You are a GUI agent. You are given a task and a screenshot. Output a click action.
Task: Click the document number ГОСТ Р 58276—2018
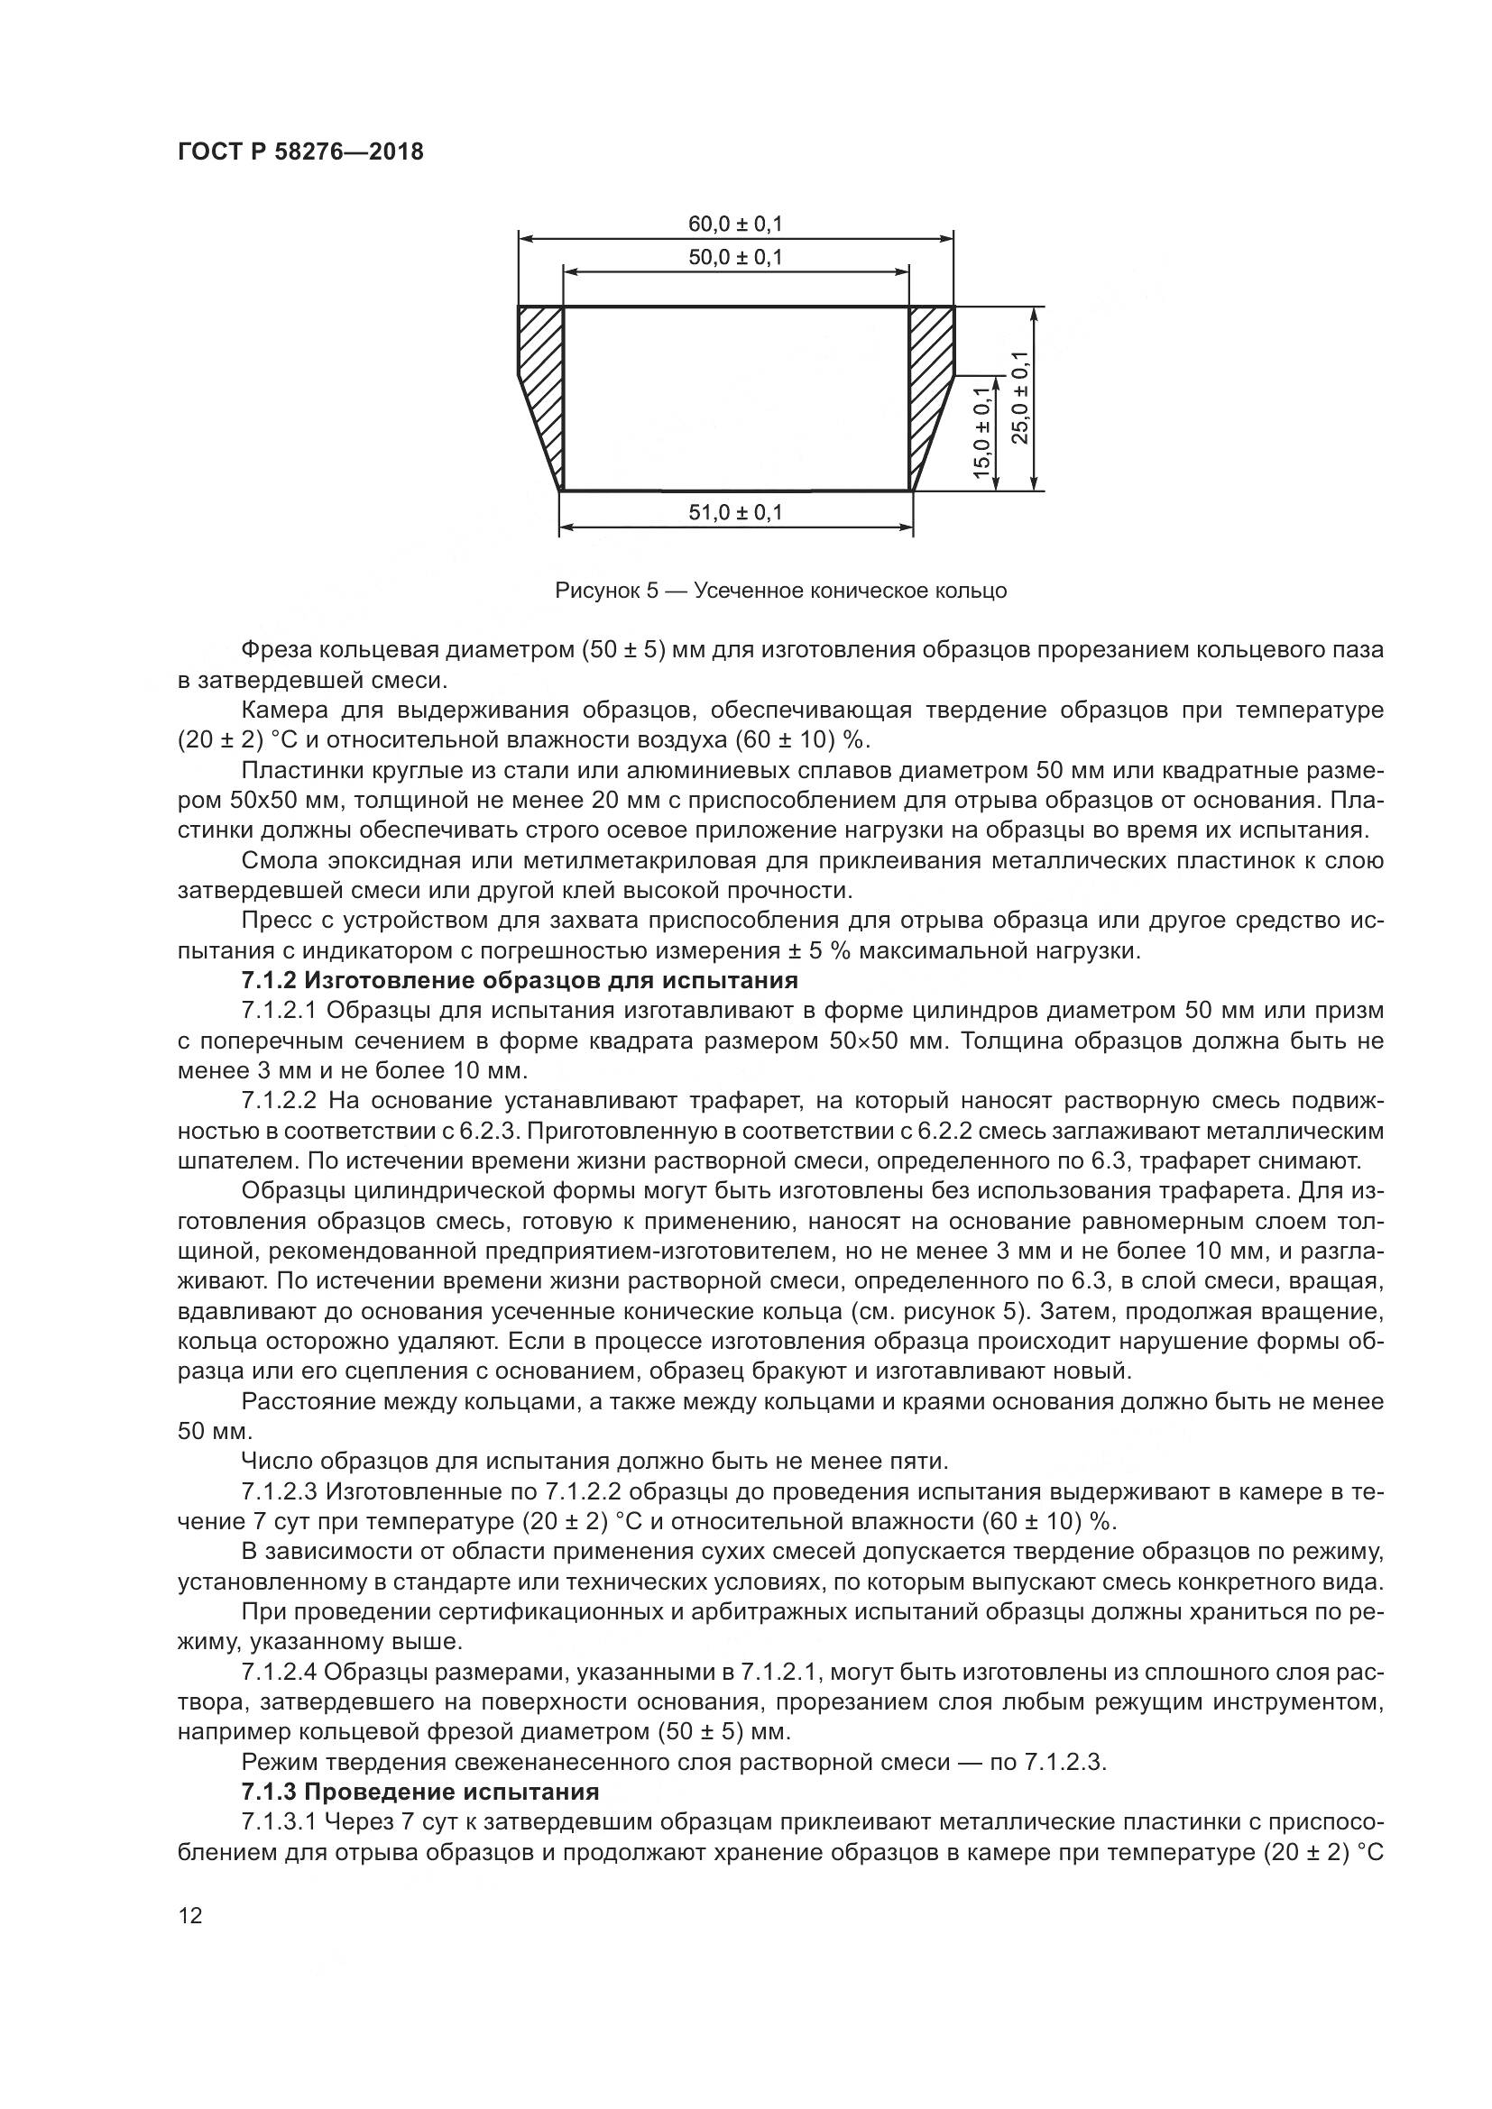(x=300, y=152)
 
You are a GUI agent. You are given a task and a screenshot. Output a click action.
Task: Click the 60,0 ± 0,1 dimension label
(x=735, y=225)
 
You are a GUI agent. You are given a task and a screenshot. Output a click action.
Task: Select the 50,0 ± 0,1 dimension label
(x=735, y=257)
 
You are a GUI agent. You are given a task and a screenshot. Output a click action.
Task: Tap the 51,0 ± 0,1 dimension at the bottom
(x=735, y=512)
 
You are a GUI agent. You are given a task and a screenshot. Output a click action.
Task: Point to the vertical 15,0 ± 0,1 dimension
(x=982, y=433)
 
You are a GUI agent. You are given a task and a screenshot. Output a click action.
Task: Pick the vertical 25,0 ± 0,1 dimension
(x=1020, y=398)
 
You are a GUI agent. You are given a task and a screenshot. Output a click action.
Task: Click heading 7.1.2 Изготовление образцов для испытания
(x=519, y=980)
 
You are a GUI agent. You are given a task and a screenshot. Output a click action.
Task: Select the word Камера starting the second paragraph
(x=281, y=710)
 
